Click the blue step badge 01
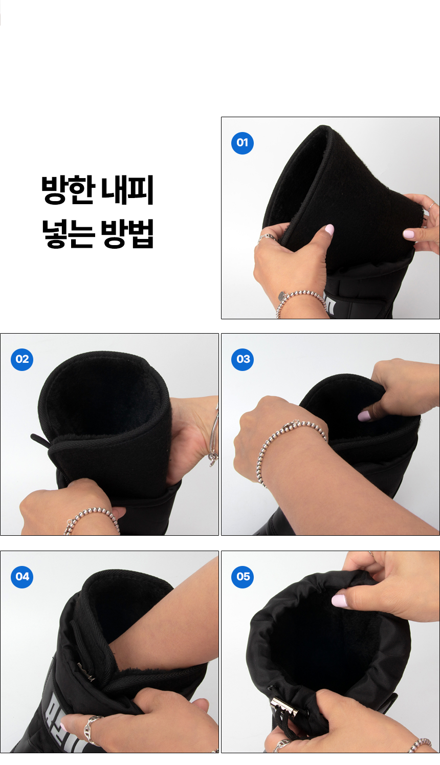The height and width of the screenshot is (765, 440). [243, 143]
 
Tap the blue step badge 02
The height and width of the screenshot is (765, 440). [22, 359]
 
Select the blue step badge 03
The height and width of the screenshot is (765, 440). [243, 359]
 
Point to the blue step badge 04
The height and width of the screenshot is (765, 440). [22, 577]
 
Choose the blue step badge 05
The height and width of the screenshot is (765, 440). [243, 577]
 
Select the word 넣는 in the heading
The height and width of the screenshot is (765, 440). [68, 234]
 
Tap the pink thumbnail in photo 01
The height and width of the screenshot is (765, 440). [329, 229]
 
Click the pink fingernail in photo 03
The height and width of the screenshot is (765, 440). [364, 416]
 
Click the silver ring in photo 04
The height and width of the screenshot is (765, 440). [92, 729]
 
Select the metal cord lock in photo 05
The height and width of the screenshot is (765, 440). [283, 707]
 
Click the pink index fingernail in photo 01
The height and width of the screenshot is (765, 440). [409, 234]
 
